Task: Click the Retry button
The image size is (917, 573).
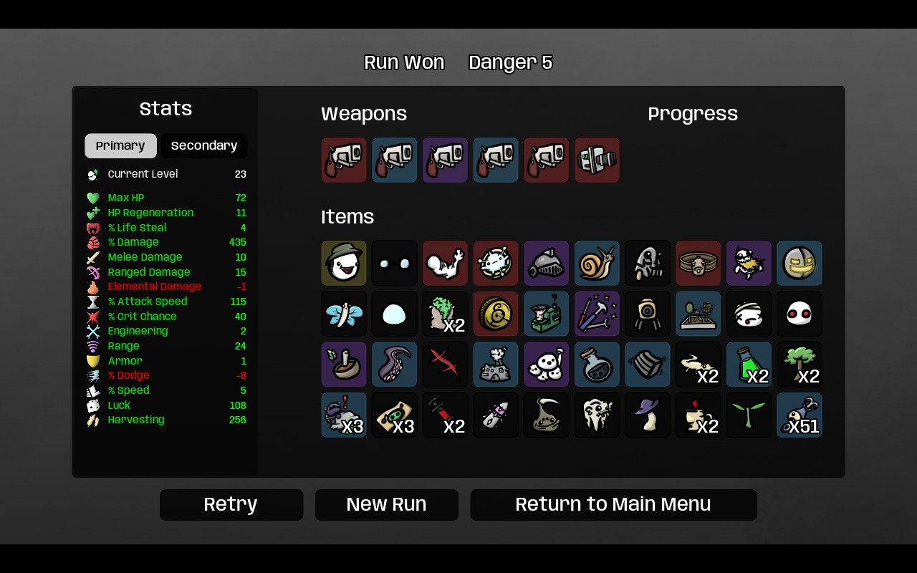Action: [231, 504]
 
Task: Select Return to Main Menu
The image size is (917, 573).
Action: [613, 504]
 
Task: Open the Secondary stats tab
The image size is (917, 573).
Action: [204, 145]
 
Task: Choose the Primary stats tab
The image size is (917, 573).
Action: [120, 145]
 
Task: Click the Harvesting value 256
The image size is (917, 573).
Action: [237, 420]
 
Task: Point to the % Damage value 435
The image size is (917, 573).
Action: [237, 242]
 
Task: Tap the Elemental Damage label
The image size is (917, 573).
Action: [154, 286]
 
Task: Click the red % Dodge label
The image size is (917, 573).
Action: [128, 375]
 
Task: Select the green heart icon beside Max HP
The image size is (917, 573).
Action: [93, 198]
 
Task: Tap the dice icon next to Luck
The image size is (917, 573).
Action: [93, 405]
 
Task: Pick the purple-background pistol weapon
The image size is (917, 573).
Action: [445, 160]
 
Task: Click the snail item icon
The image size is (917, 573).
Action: [597, 263]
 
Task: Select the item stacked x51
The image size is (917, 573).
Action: [800, 415]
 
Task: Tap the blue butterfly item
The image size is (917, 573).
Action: [344, 314]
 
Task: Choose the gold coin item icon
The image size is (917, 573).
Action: [496, 314]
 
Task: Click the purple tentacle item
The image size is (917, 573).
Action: [394, 365]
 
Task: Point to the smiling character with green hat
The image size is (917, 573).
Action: [344, 263]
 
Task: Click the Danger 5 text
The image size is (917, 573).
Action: [511, 62]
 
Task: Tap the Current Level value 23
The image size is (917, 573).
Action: [240, 174]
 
